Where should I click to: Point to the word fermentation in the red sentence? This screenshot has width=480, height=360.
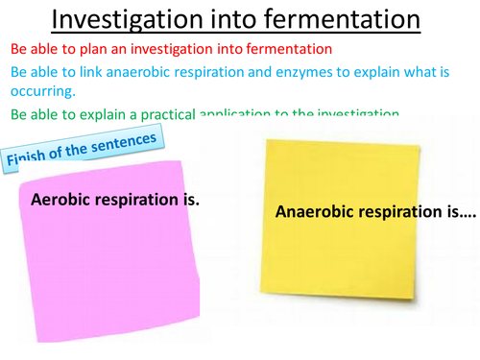[290, 49]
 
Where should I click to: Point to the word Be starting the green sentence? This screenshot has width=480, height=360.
[19, 114]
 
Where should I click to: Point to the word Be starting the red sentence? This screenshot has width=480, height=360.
[19, 49]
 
